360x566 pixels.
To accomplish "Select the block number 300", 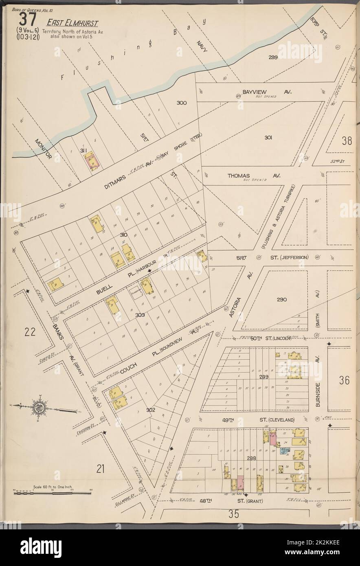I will pyautogui.click(x=181, y=103).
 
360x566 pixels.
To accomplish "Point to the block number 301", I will pyautogui.click(x=268, y=138).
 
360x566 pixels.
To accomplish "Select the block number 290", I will pyautogui.click(x=282, y=300).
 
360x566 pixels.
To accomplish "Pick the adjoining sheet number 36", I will pyautogui.click(x=344, y=380).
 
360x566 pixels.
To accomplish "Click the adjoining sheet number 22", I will pyautogui.click(x=30, y=332).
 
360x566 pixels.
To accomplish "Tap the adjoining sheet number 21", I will pyautogui.click(x=101, y=469).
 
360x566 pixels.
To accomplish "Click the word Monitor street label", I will pyautogui.click(x=42, y=150).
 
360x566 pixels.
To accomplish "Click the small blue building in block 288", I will pyautogui.click(x=285, y=451).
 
